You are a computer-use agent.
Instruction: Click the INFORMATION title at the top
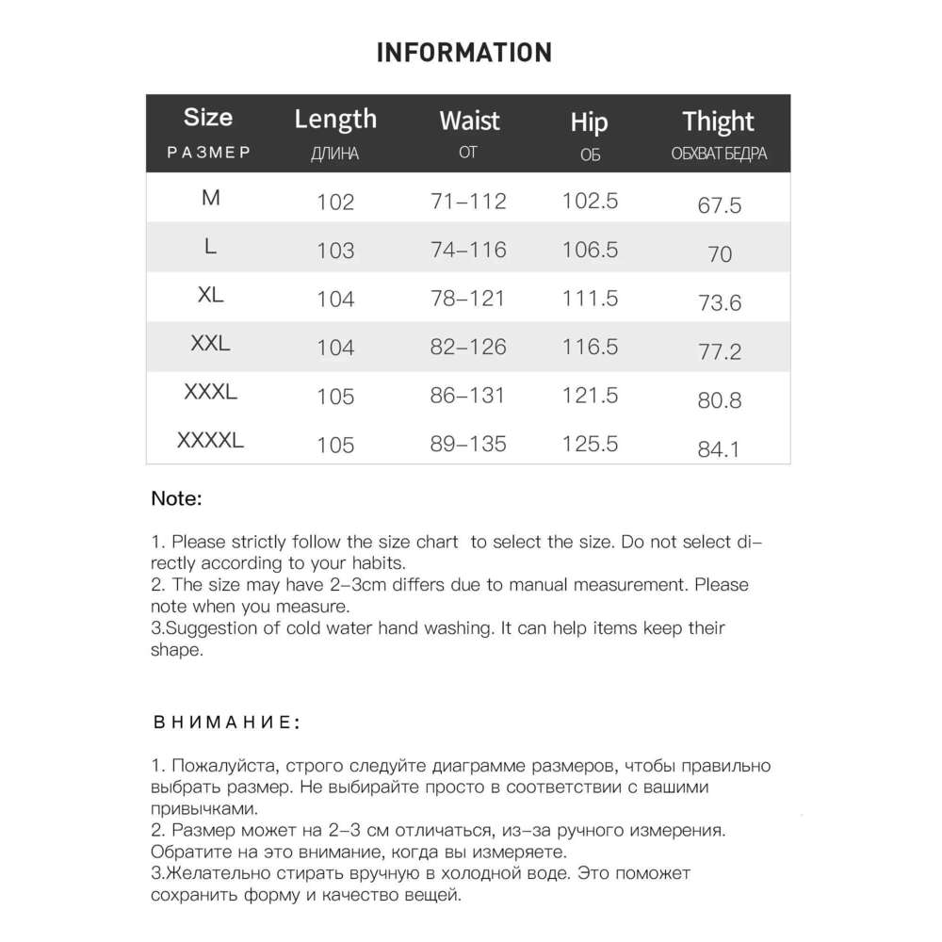tap(463, 52)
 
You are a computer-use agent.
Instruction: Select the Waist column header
tap(469, 122)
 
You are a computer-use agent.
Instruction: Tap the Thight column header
tap(719, 122)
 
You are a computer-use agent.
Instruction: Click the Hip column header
tap(590, 122)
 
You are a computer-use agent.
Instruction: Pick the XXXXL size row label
tap(210, 441)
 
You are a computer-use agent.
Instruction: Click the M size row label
tap(210, 198)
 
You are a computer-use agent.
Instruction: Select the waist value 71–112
tap(468, 201)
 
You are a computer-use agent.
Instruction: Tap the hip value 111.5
tap(590, 299)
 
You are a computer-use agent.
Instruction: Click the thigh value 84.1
tap(719, 449)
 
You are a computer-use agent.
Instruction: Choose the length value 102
tap(335, 202)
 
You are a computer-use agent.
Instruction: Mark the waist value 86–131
tap(468, 396)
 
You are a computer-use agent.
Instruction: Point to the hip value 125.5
tap(590, 444)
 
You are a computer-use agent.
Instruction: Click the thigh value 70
tap(719, 254)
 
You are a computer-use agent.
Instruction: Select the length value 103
tap(335, 251)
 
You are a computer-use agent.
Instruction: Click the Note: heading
tap(176, 499)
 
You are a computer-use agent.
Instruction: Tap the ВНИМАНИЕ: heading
tap(226, 723)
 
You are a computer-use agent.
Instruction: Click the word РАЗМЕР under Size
tap(208, 153)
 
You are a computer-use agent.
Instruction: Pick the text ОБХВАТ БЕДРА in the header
tap(719, 154)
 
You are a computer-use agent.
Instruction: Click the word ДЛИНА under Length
tap(334, 154)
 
